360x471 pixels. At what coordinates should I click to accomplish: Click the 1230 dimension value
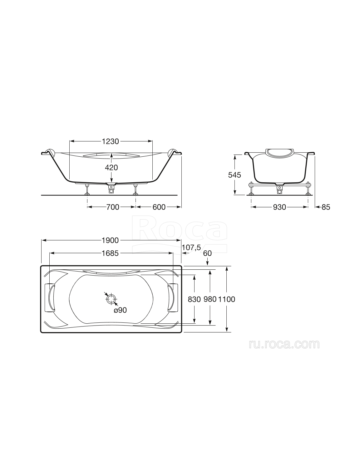(110, 142)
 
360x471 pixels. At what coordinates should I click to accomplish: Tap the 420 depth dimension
(111, 168)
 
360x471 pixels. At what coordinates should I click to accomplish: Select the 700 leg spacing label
(113, 207)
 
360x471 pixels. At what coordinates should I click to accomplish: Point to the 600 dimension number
(159, 207)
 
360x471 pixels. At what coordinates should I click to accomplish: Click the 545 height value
(234, 175)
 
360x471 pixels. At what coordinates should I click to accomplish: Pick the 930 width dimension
(279, 207)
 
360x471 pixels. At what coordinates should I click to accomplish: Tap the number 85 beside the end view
(326, 207)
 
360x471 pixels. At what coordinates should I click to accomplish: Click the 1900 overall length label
(110, 241)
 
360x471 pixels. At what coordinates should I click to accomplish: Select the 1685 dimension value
(110, 253)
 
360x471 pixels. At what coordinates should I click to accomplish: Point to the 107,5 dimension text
(191, 248)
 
